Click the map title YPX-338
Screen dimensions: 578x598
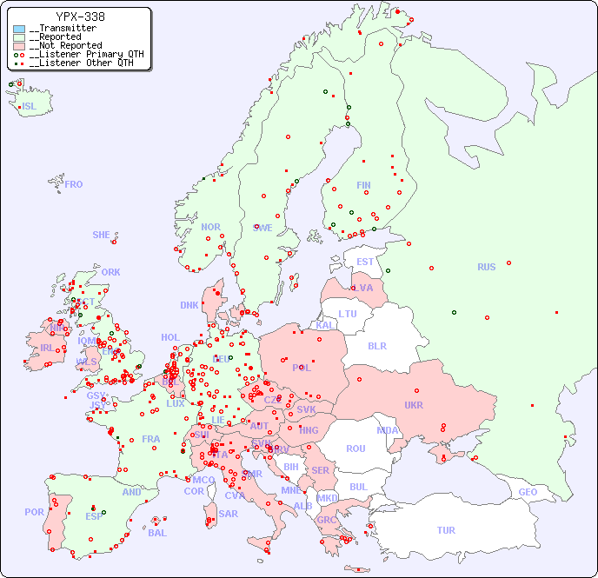pyautogui.click(x=80, y=17)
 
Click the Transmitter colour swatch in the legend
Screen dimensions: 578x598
pyautogui.click(x=19, y=29)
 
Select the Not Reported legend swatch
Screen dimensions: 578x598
pyautogui.click(x=19, y=45)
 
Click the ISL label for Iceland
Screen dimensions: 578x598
pyautogui.click(x=29, y=107)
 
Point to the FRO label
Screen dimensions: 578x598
pyautogui.click(x=74, y=184)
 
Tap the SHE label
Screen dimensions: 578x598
pyautogui.click(x=101, y=235)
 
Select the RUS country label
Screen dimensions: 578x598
pyautogui.click(x=486, y=267)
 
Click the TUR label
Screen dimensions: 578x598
pyautogui.click(x=446, y=530)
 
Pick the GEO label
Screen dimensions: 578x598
pyautogui.click(x=528, y=492)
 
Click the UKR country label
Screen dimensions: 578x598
pyautogui.click(x=413, y=405)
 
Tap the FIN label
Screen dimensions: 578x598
pyautogui.click(x=363, y=185)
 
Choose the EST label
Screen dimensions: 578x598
pyautogui.click(x=365, y=262)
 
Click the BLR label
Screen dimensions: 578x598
pyautogui.click(x=376, y=345)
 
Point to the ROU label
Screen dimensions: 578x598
pyautogui.click(x=355, y=448)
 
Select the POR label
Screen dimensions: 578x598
pyautogui.click(x=34, y=512)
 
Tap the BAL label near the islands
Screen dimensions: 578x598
pyautogui.click(x=156, y=533)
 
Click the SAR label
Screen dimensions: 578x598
pyautogui.click(x=228, y=514)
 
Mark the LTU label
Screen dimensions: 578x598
pyautogui.click(x=348, y=314)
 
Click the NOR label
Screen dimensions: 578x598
pyautogui.click(x=210, y=227)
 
